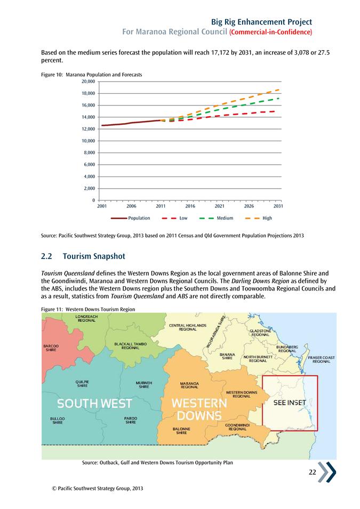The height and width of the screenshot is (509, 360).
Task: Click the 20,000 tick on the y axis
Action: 87,82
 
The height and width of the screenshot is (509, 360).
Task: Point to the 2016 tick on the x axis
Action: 190,205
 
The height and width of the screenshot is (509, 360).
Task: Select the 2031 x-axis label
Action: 277,205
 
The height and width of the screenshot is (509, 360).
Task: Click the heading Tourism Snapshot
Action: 94,256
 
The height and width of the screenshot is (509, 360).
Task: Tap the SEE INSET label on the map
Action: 290,402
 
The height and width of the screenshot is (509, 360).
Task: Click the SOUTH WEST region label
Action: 95,403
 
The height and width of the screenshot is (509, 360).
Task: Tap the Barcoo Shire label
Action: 51,348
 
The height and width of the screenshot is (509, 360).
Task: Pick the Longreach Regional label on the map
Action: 86,318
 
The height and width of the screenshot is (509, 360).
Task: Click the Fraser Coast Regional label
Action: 321,359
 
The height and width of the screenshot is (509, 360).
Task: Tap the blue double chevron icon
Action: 327,472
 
